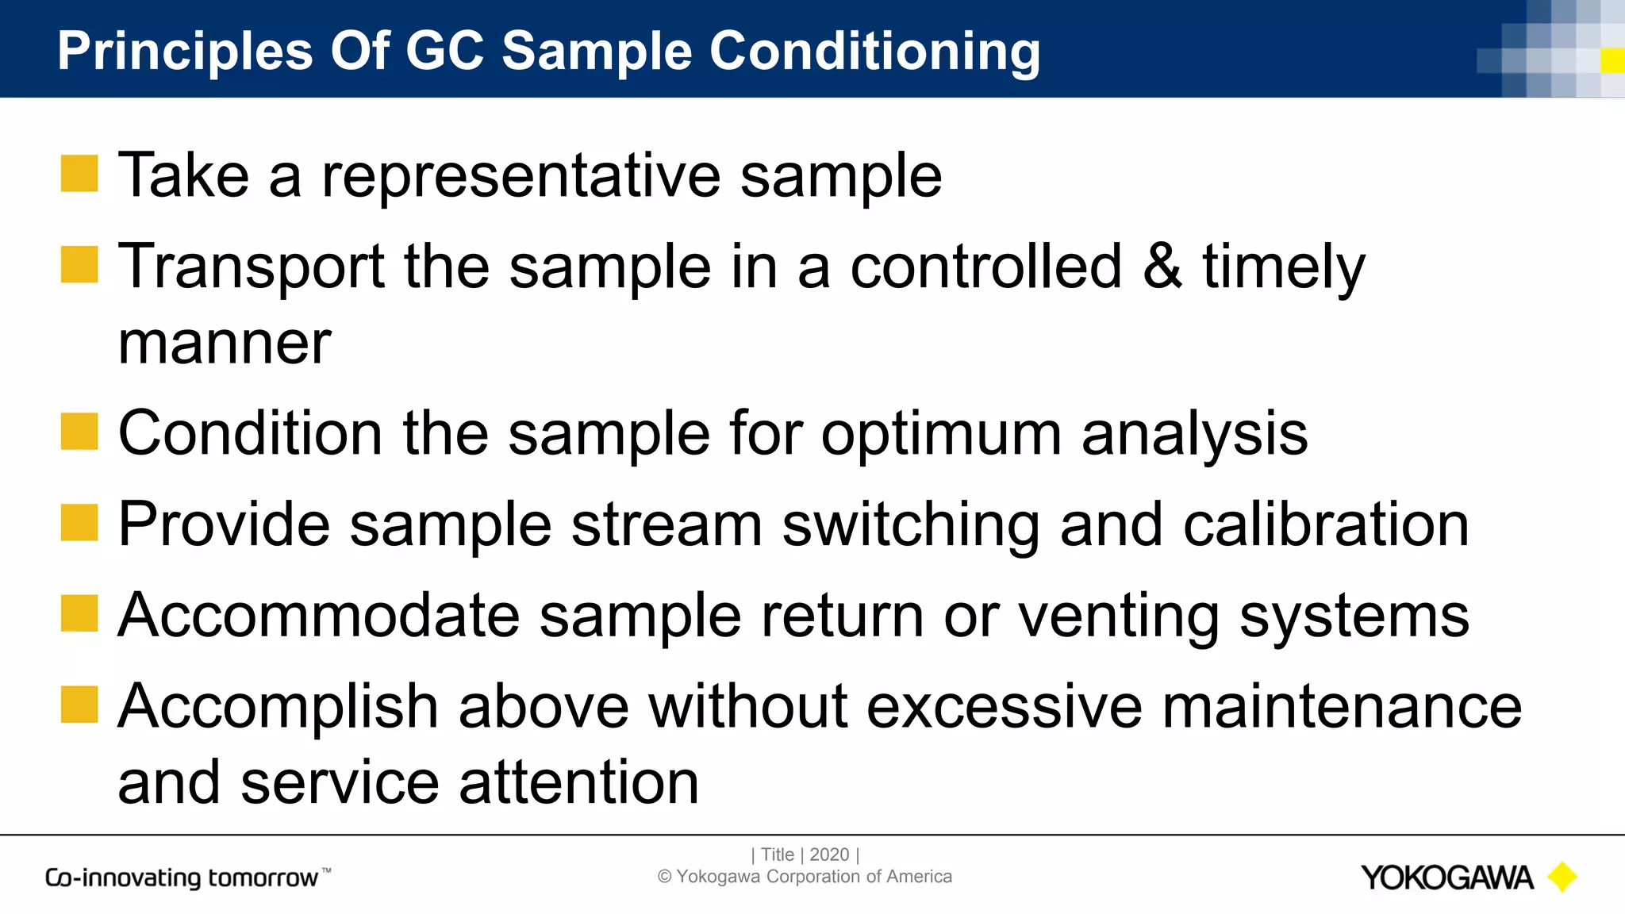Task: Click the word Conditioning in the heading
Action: [x=874, y=52]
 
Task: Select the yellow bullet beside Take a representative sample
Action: [x=79, y=174]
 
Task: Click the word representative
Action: [x=521, y=176]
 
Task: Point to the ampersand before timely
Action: [x=1162, y=267]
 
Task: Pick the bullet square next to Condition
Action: [x=79, y=432]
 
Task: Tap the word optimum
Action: [x=941, y=436]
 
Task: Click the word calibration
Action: [x=1326, y=524]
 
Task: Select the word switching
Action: [x=910, y=526]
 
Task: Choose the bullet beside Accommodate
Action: [x=79, y=613]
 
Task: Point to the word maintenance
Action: [x=1342, y=706]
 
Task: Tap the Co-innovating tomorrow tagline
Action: [x=182, y=878]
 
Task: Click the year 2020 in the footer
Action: [x=829, y=854]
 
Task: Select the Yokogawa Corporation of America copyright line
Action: [x=805, y=877]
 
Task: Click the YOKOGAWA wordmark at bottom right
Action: [x=1446, y=878]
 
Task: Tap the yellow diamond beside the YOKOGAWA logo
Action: [x=1562, y=877]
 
